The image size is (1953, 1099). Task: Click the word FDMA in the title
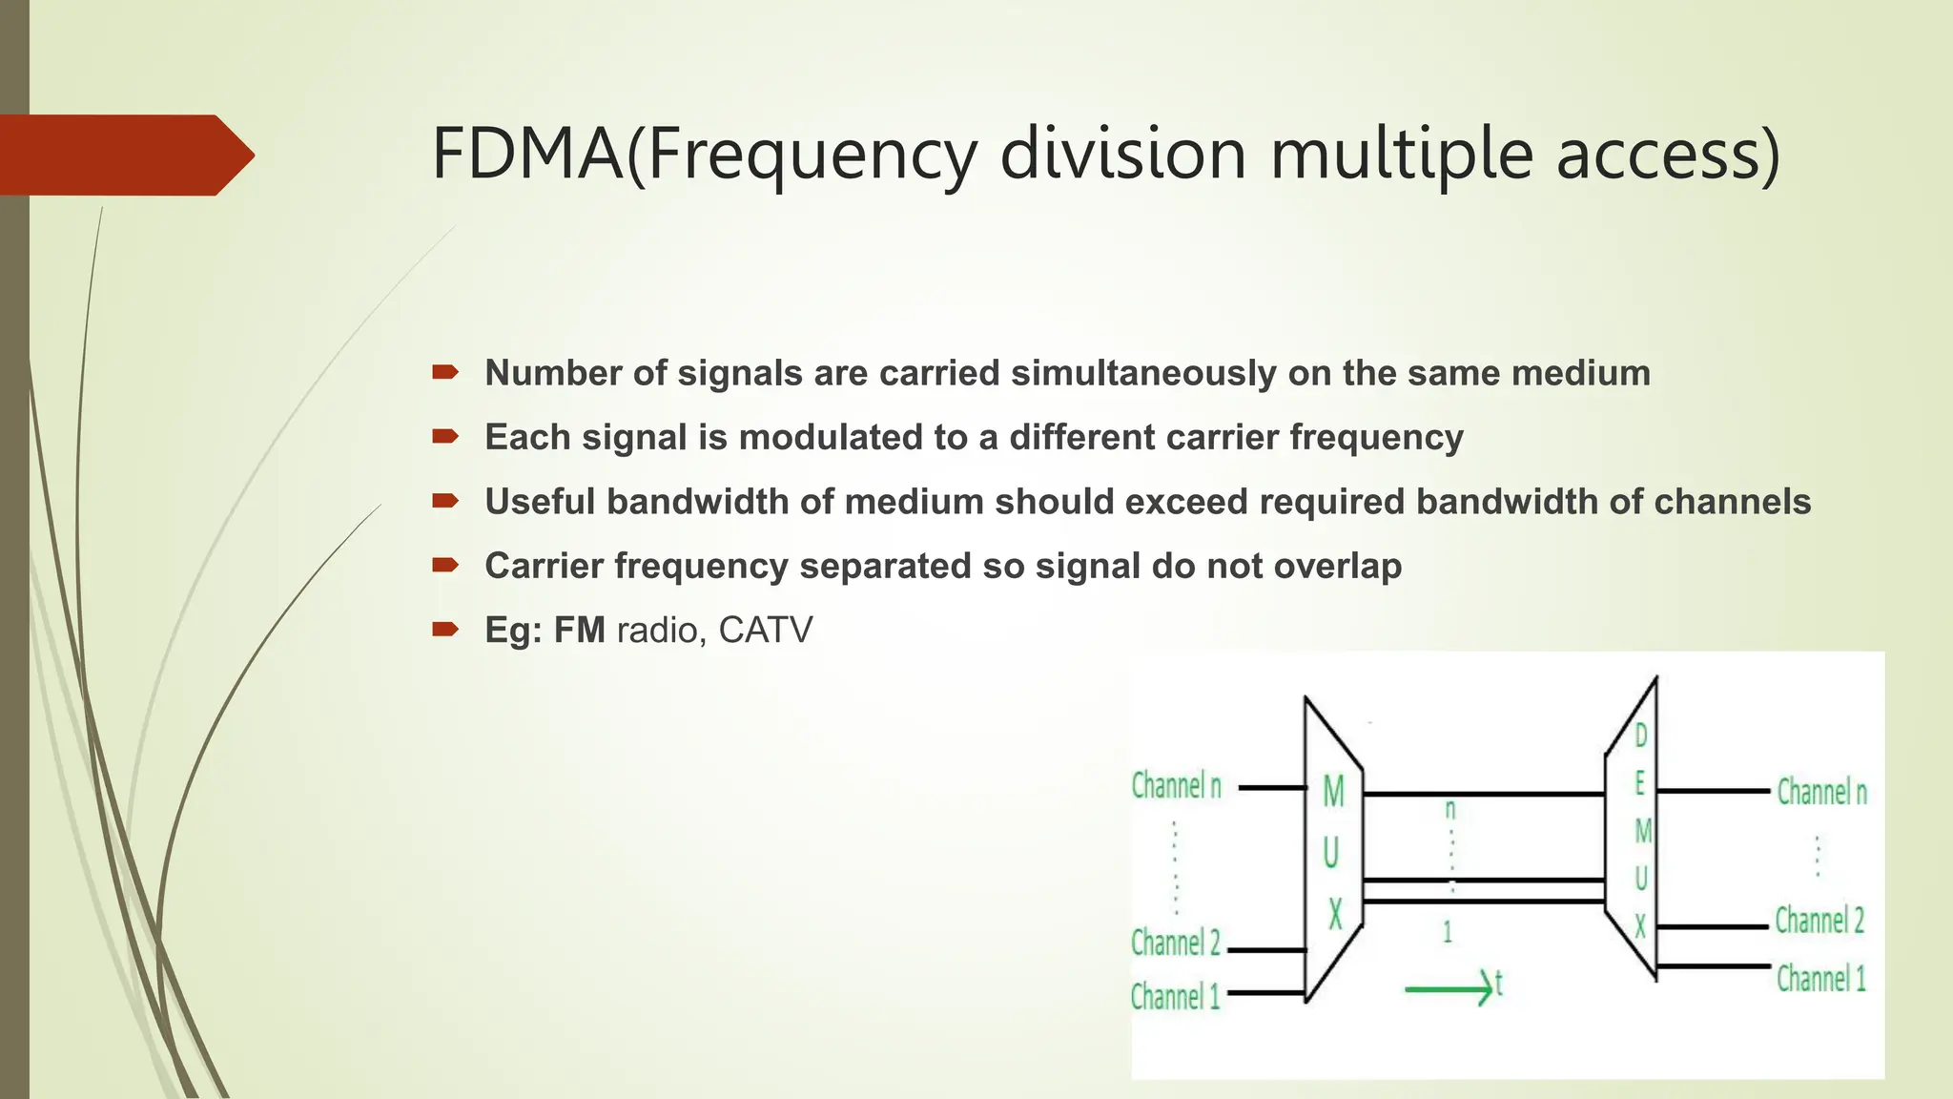pyautogui.click(x=527, y=154)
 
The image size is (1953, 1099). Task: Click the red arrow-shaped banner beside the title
pyautogui.click(x=124, y=155)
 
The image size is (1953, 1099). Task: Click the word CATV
pyautogui.click(x=766, y=631)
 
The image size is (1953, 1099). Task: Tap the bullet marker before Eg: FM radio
pyautogui.click(x=445, y=629)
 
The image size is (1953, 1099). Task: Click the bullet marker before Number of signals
pyautogui.click(x=445, y=372)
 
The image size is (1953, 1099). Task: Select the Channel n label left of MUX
pyautogui.click(x=1176, y=787)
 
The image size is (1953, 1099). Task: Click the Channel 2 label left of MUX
pyautogui.click(x=1175, y=943)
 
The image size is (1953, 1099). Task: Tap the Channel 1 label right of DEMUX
pyautogui.click(x=1820, y=979)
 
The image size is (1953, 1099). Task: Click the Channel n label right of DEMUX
pyautogui.click(x=1821, y=793)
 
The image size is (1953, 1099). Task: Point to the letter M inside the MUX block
pyautogui.click(x=1333, y=792)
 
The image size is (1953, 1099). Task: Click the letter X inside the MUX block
pyautogui.click(x=1335, y=915)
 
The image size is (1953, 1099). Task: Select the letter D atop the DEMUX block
pyautogui.click(x=1641, y=736)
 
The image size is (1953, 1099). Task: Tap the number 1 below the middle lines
pyautogui.click(x=1448, y=932)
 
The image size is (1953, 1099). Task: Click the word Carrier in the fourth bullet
pyautogui.click(x=545, y=566)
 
